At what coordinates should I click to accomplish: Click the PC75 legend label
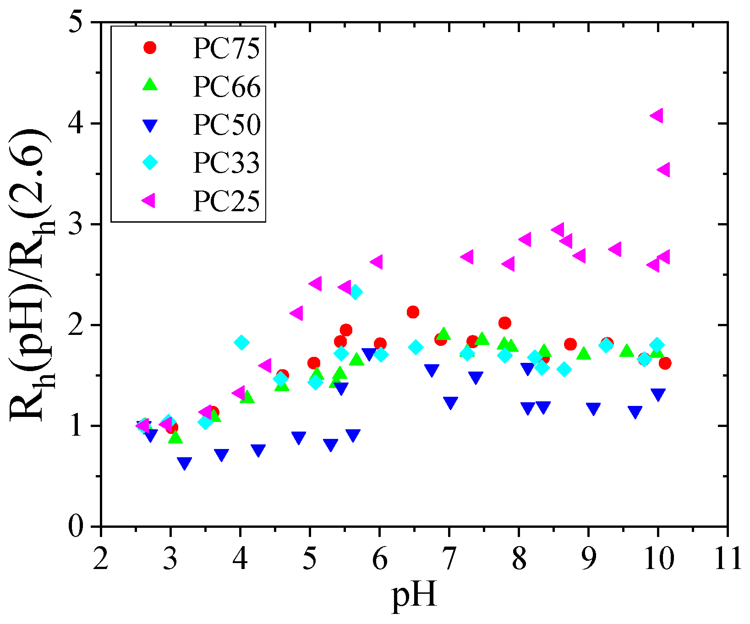tap(226, 49)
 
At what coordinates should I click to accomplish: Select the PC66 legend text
tap(226, 87)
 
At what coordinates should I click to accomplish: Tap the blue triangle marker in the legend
tap(150, 125)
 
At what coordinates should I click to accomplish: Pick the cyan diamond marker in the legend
tap(150, 162)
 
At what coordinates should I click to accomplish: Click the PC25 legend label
tap(226, 200)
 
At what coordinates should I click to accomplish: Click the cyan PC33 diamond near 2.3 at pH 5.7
tap(356, 291)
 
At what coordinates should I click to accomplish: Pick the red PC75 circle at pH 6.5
tap(413, 312)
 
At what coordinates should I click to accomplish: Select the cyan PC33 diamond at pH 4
tap(241, 342)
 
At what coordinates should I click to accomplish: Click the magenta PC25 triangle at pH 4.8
tap(296, 313)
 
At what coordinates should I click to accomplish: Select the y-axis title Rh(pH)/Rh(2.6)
tap(32, 275)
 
